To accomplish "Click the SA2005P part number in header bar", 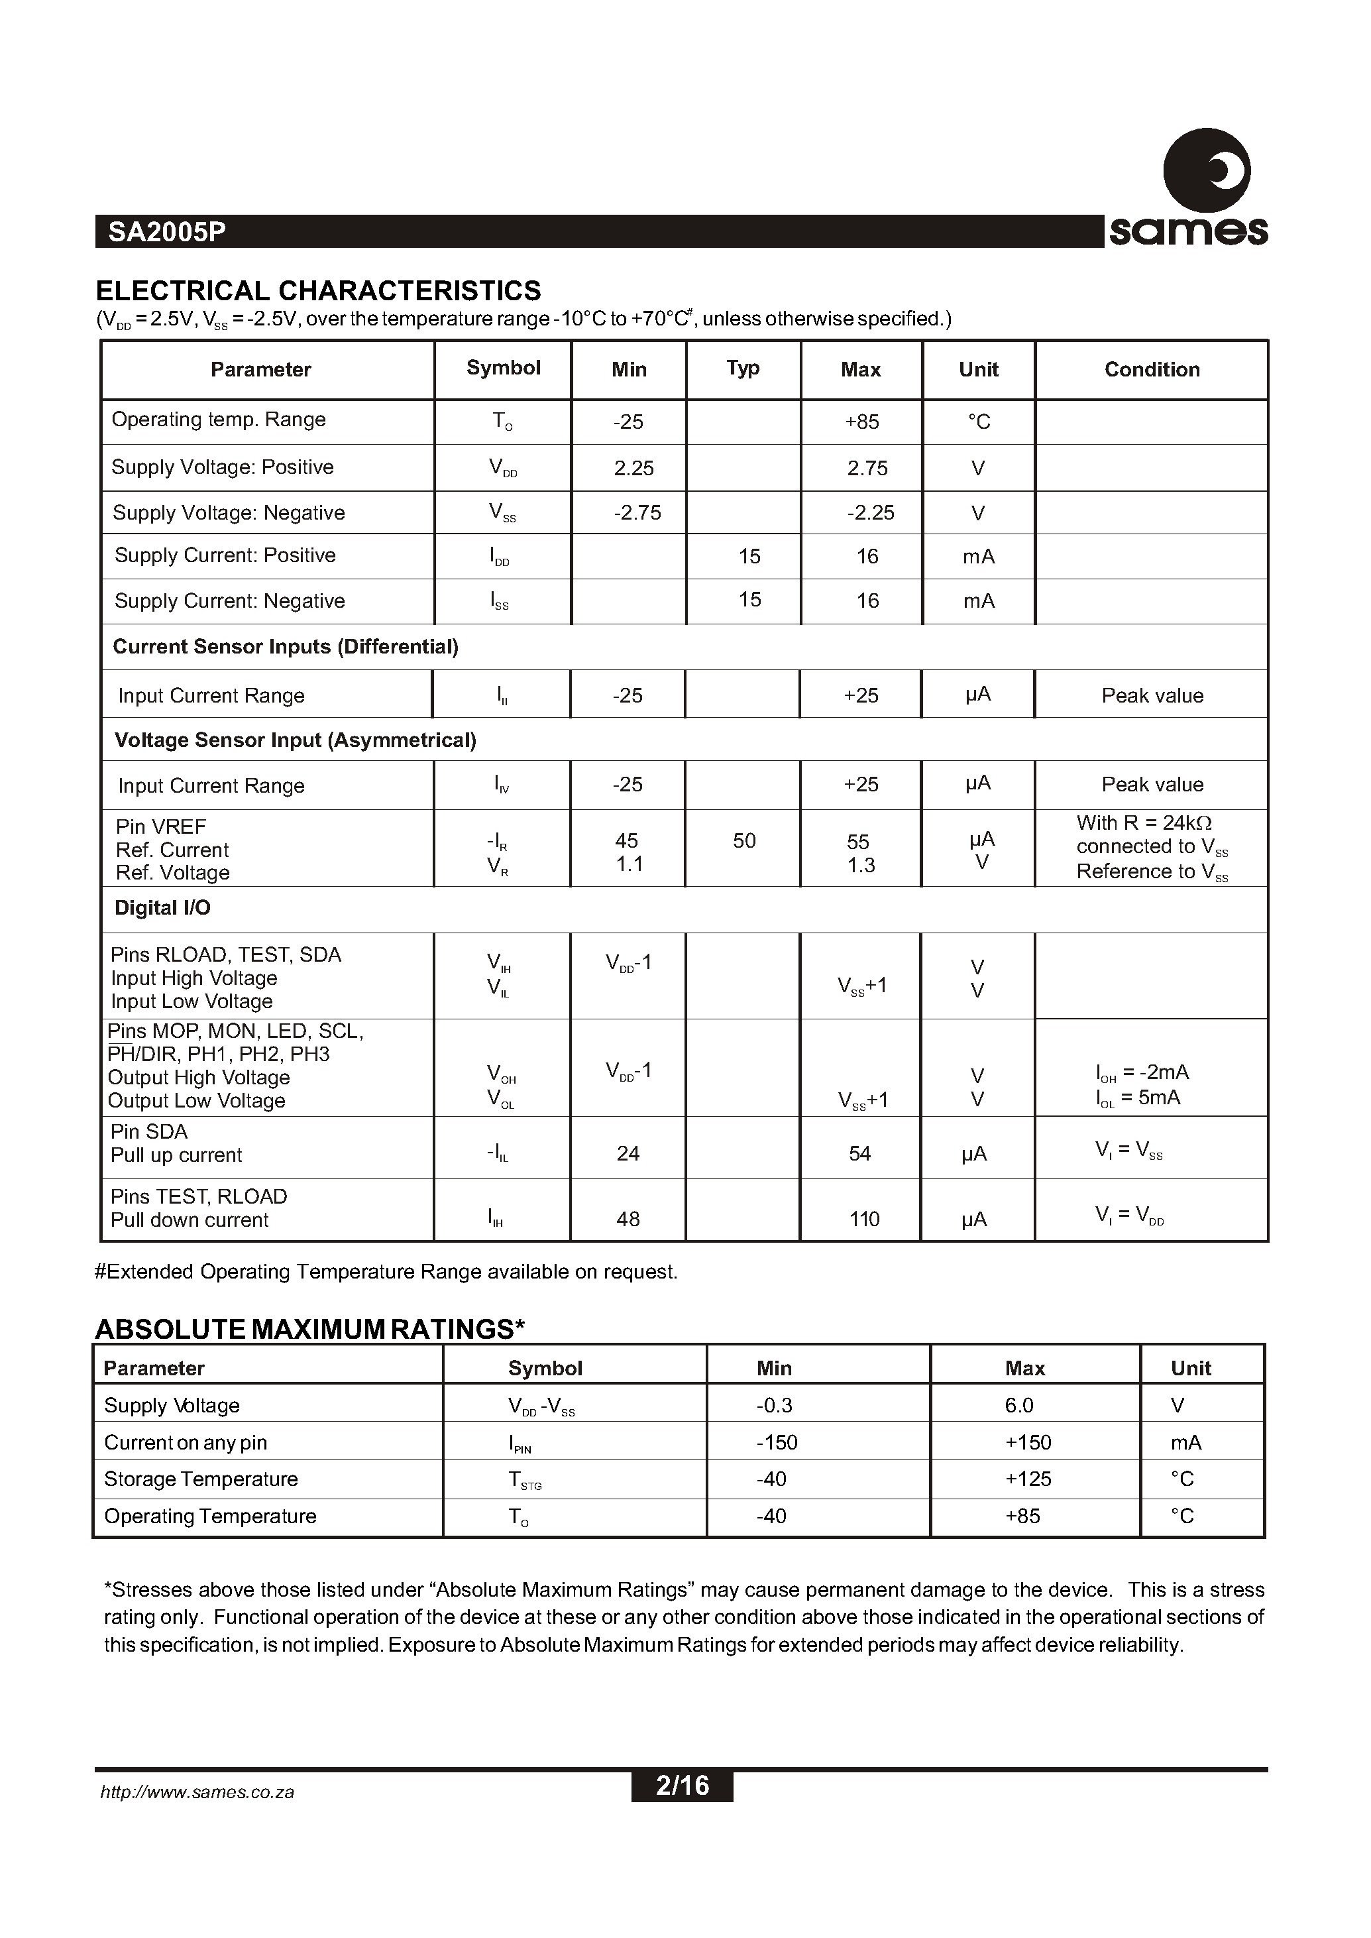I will [166, 232].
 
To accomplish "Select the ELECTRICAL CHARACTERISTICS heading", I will [318, 290].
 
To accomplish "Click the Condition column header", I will [1152, 370].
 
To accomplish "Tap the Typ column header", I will [742, 368].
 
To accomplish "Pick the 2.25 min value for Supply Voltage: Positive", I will [633, 469].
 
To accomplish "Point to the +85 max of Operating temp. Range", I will [861, 422].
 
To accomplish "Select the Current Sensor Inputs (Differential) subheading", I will [286, 647].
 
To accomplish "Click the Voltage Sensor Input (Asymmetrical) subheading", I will [296, 740].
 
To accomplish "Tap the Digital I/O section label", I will [162, 909].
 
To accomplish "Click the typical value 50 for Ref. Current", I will [743, 841].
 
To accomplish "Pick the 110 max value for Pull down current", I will [863, 1220].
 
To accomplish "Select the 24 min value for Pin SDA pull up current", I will [628, 1153].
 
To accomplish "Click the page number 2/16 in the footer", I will [682, 1785].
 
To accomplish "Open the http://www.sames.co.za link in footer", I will [197, 1792].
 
